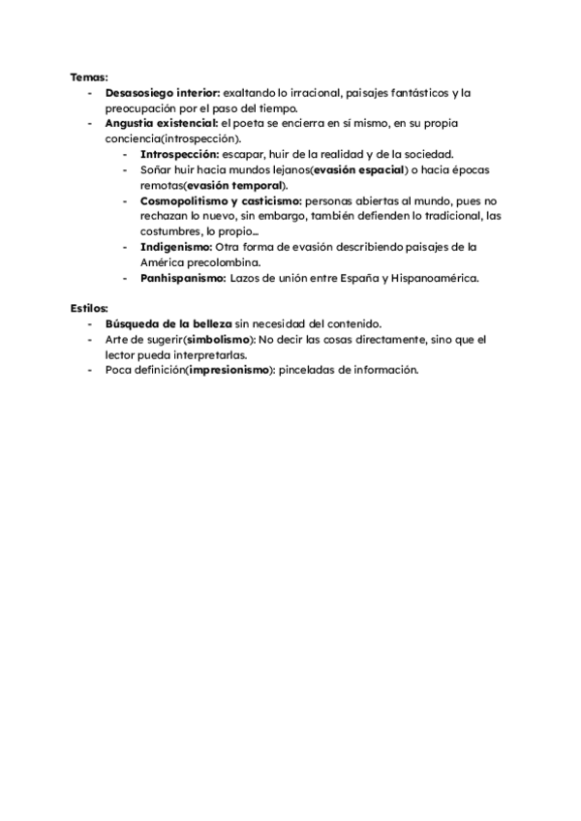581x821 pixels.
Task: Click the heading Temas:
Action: click(89, 76)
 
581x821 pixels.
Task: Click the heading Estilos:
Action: click(90, 307)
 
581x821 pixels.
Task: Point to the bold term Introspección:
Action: click(179, 155)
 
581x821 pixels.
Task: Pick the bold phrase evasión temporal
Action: click(225, 185)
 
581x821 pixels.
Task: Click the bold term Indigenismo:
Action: click(175, 247)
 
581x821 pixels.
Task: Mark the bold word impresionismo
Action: click(229, 371)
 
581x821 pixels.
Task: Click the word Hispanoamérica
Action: click(430, 278)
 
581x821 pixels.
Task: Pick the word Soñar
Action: click(155, 169)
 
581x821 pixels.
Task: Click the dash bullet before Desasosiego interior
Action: click(90, 93)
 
